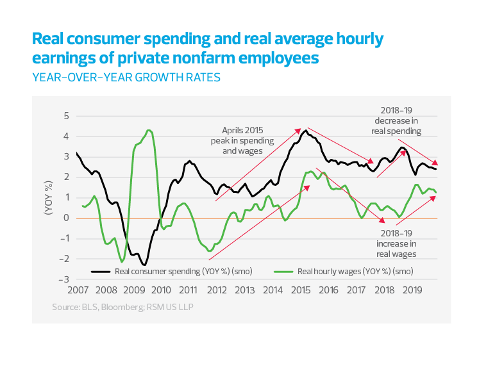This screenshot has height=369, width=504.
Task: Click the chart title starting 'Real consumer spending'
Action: (207, 49)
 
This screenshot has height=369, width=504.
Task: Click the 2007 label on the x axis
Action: (77, 290)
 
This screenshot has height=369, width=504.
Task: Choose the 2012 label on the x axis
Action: (217, 290)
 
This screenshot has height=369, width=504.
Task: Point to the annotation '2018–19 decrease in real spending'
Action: (396, 120)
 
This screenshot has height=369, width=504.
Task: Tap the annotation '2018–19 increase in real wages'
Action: (396, 243)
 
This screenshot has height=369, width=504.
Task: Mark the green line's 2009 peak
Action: (149, 130)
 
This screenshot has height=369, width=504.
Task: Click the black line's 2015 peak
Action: (305, 130)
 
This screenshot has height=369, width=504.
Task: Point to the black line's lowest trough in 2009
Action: (144, 265)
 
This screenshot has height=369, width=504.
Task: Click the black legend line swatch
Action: (102, 271)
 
